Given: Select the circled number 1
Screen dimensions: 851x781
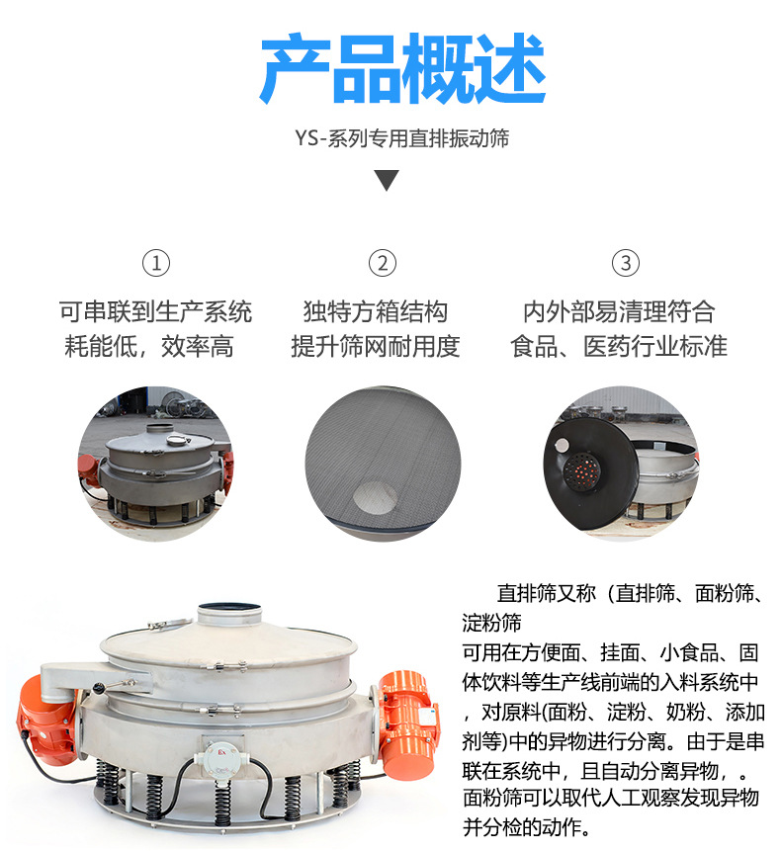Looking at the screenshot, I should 156,263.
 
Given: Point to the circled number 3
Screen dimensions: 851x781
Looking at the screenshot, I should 625,263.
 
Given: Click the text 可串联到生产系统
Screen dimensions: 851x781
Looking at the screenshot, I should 155,312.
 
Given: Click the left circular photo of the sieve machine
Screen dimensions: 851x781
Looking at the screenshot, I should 155,463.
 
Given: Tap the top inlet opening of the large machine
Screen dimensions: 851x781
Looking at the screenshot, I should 229,610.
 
